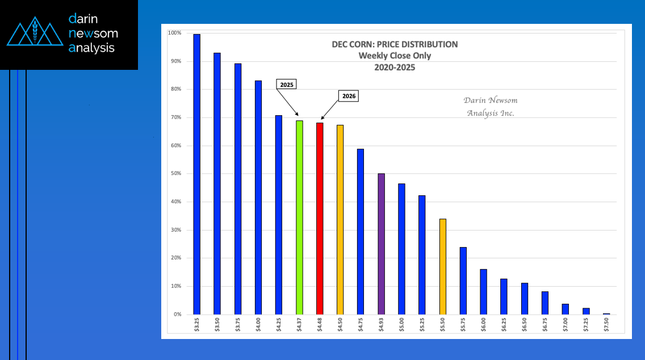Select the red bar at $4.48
pos(320,218)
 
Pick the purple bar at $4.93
pos(381,244)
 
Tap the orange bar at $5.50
pos(443,266)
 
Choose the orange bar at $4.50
pos(340,219)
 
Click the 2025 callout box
pos(287,84)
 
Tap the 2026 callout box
pos(349,97)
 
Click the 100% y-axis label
pos(174,33)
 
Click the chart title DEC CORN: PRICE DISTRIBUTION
pos(395,44)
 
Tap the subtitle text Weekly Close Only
pos(395,56)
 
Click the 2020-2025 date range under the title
pos(395,67)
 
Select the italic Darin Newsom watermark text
pos(491,101)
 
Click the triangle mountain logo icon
pos(35,34)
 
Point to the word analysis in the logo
pos(91,48)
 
